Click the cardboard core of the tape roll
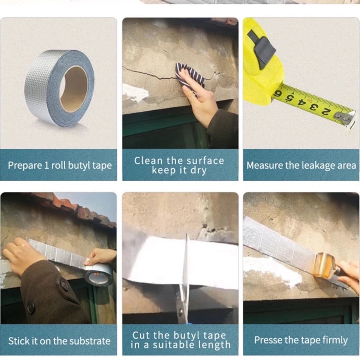(73, 89)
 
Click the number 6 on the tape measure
(278, 94)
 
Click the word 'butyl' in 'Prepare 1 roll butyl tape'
(76, 165)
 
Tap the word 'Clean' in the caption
(149, 161)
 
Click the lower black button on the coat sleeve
(31, 307)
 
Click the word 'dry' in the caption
(200, 170)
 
